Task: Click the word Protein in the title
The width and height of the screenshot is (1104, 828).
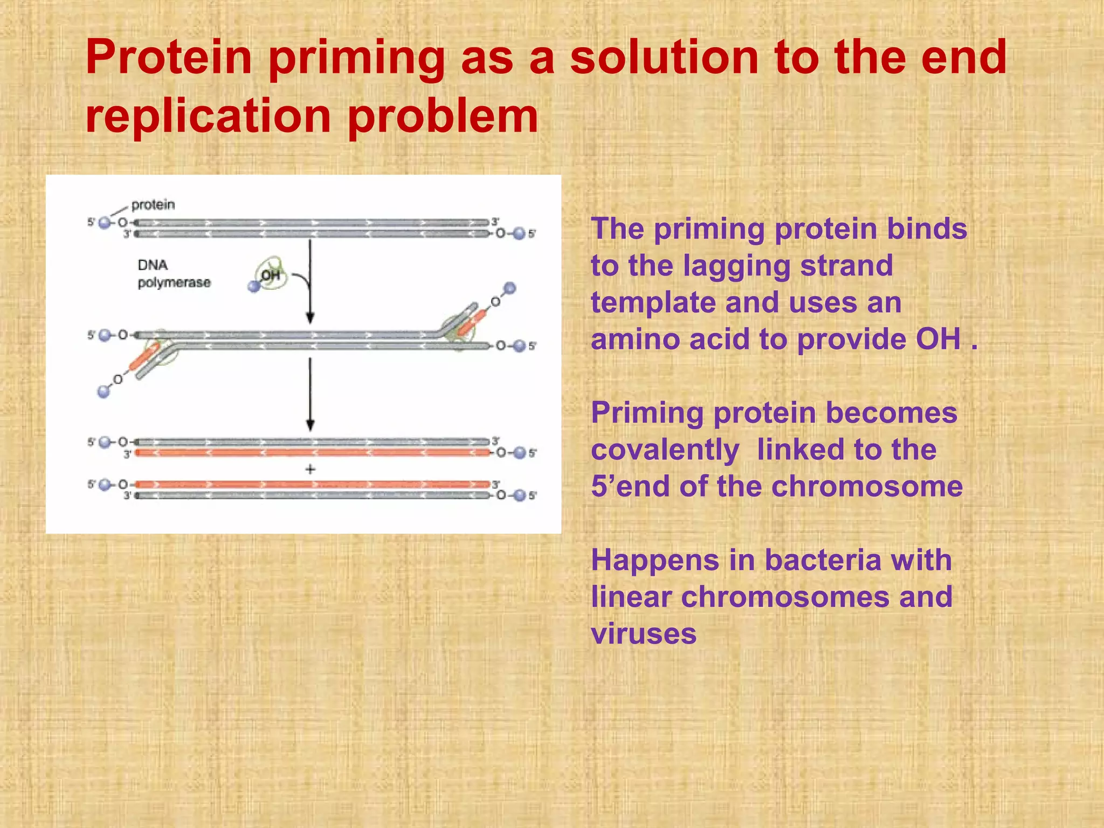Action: [x=169, y=58]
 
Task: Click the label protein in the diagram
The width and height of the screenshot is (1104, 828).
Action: [x=153, y=205]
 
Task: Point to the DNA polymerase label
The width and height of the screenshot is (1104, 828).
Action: [x=173, y=274]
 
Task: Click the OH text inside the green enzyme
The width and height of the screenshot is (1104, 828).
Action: [x=270, y=275]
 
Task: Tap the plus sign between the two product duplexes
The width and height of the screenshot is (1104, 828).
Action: [x=310, y=470]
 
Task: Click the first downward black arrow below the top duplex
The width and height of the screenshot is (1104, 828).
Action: [x=310, y=280]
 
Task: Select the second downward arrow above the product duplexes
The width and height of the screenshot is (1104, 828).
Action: [x=310, y=394]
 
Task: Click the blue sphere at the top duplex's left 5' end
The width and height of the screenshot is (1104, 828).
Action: [x=105, y=223]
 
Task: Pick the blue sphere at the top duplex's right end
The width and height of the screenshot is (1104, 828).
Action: [x=519, y=233]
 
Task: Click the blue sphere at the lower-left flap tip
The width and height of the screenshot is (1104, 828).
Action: [x=103, y=391]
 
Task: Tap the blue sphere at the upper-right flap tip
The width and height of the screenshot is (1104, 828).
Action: [x=509, y=288]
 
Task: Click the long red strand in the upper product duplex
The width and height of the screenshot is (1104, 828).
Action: [x=313, y=453]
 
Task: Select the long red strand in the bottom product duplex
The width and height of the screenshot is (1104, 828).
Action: [x=313, y=484]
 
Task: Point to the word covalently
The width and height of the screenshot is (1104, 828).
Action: [x=665, y=450]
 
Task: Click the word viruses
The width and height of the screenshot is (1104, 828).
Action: [x=644, y=634]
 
